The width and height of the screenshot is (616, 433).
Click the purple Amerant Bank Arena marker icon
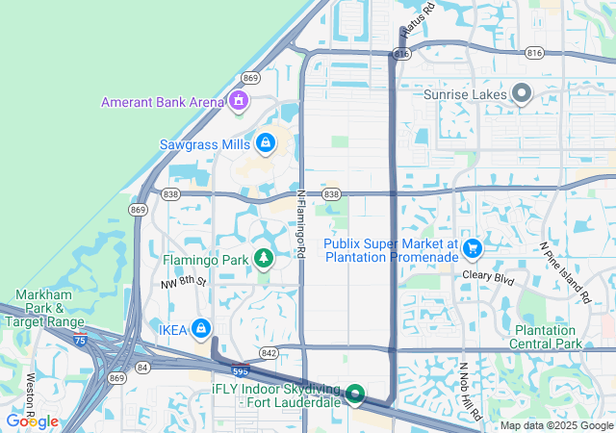239,101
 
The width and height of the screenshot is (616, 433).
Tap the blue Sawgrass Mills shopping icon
265,144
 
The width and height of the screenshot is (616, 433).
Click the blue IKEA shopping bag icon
200,329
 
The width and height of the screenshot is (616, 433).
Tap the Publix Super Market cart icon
472,249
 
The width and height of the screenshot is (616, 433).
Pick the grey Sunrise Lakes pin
522,94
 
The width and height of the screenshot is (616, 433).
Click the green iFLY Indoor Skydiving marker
354,394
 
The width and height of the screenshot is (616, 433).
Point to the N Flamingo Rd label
300,223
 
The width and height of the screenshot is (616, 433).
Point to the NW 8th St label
184,282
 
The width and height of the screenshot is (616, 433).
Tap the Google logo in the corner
33,420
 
